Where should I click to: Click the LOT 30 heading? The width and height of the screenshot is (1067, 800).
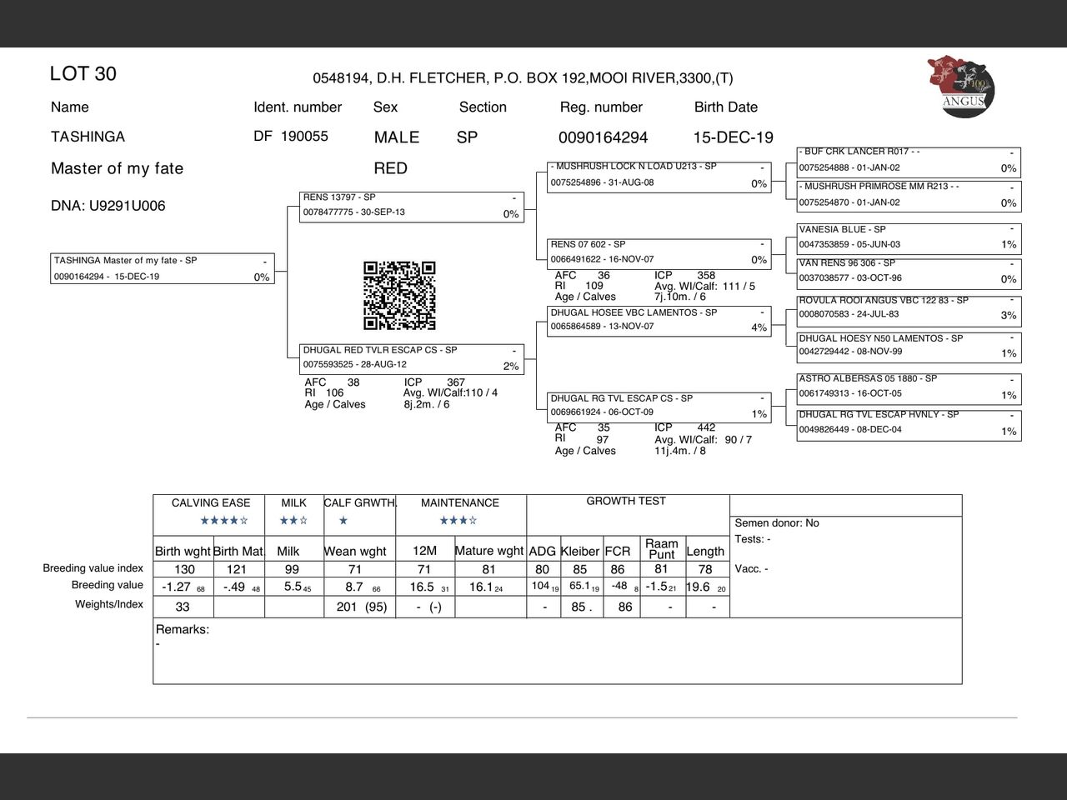tap(83, 74)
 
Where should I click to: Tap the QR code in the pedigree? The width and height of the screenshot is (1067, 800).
tap(399, 296)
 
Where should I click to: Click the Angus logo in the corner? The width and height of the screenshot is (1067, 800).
tap(961, 87)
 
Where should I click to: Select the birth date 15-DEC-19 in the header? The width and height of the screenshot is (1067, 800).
tap(733, 137)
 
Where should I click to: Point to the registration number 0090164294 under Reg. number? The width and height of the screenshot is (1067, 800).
tap(603, 137)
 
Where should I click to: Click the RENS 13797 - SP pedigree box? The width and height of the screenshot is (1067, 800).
tap(412, 207)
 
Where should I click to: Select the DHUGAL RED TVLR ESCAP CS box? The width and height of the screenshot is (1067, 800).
tap(412, 359)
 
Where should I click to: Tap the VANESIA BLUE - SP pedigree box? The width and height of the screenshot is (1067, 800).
tap(909, 237)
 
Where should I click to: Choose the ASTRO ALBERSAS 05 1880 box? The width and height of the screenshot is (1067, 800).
tap(909, 387)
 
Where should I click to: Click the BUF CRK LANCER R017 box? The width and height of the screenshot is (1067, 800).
tap(909, 161)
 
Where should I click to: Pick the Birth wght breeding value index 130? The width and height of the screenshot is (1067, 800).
tap(184, 570)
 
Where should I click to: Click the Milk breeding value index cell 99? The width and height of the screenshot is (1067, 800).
tap(292, 570)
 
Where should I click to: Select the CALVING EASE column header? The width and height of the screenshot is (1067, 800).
tap(211, 503)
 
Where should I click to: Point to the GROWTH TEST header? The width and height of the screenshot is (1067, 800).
tap(626, 501)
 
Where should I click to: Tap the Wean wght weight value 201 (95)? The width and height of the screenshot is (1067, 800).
tap(362, 607)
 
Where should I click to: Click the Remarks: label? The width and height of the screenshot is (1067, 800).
tap(183, 630)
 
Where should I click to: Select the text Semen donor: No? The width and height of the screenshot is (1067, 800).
tap(777, 523)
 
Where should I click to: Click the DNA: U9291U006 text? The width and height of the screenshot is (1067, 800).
tap(108, 206)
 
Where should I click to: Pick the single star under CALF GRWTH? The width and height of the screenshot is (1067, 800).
tap(343, 521)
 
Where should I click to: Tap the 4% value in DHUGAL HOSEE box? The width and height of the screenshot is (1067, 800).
tap(759, 327)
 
